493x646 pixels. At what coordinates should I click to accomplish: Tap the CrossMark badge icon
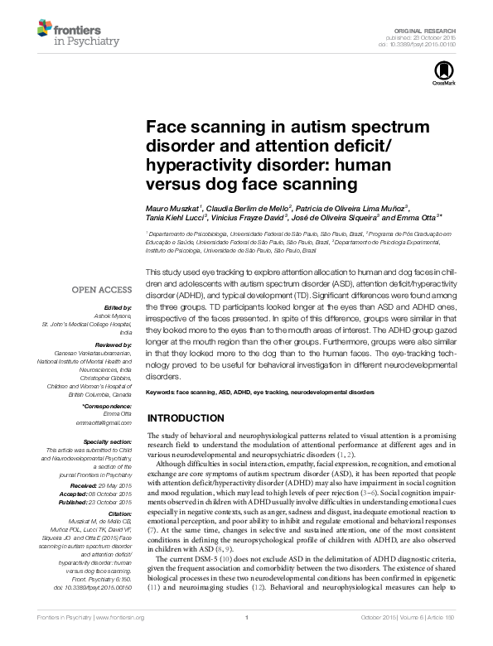click(x=439, y=74)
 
